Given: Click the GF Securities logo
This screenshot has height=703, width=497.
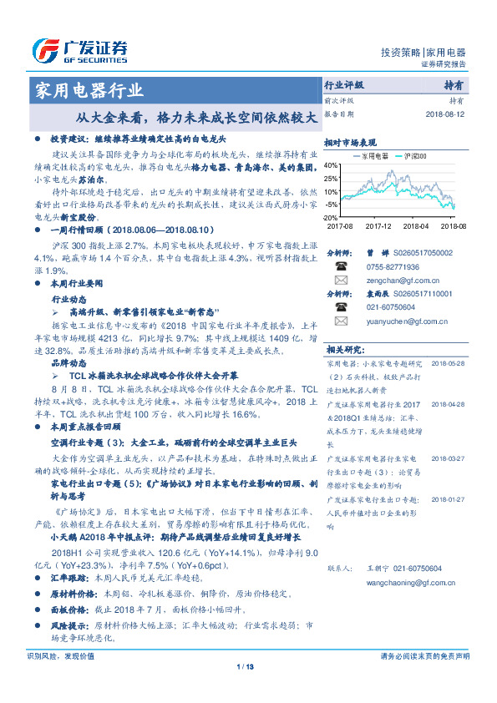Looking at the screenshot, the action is [79, 51].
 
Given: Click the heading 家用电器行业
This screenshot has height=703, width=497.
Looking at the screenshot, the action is [86, 91].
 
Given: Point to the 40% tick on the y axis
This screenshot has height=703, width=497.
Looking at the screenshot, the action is [331, 165].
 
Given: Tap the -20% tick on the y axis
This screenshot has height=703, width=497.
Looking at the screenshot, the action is [331, 217].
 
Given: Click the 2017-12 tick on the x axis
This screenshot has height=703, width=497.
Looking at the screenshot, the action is [378, 225].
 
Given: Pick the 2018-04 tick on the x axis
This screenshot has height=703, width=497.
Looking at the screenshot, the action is [415, 225].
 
